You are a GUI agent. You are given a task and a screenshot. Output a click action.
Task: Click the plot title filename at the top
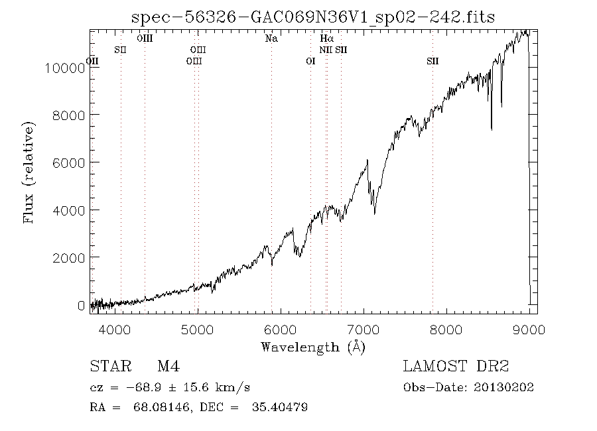click(313, 17)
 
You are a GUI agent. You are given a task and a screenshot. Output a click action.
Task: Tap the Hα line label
click(326, 38)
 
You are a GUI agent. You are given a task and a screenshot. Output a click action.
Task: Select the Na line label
click(271, 38)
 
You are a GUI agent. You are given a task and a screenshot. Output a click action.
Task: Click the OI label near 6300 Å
click(310, 61)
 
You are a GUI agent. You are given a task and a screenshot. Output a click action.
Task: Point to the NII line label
click(326, 50)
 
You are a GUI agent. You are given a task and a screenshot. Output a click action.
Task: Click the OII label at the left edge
click(92, 61)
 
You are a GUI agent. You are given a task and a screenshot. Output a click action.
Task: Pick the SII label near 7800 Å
click(432, 61)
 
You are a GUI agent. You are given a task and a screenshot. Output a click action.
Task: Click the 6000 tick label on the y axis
click(68, 163)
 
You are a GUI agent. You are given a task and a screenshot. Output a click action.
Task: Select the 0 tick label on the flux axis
click(81, 306)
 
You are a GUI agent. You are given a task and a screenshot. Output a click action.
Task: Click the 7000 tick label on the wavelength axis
click(364, 330)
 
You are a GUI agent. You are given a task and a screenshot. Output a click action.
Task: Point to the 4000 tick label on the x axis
click(115, 330)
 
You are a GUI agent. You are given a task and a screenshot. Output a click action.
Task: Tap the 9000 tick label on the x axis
click(529, 330)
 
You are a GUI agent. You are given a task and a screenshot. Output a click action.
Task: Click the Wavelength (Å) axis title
click(313, 347)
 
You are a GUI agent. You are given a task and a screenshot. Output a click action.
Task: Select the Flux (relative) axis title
click(29, 172)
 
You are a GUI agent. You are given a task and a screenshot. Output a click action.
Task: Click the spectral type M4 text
click(168, 366)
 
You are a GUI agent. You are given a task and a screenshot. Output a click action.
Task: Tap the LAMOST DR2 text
click(456, 366)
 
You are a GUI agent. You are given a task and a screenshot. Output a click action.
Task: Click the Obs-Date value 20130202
click(503, 387)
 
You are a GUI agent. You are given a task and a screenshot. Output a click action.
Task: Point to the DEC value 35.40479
click(280, 407)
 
